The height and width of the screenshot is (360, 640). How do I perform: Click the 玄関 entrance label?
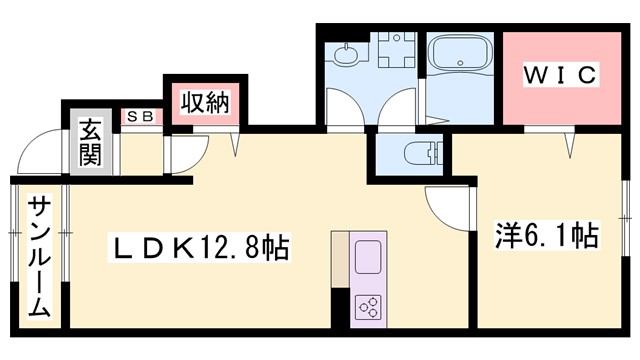91,142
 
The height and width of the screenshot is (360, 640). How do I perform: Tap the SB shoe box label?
138,116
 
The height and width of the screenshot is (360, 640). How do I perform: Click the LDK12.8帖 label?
196,244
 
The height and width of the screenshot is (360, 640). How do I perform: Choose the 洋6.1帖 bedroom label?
547,237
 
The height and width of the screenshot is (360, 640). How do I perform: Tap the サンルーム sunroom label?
38,255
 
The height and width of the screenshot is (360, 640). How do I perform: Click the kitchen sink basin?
366,256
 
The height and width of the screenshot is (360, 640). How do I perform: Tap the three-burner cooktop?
366,307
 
